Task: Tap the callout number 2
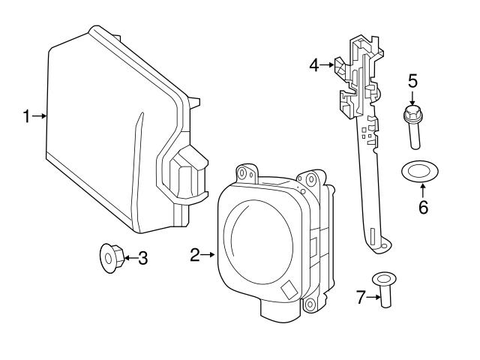(x=194, y=256)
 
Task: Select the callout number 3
(x=142, y=259)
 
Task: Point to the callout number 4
(x=314, y=65)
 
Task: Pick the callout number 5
(x=412, y=79)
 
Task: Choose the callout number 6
(x=423, y=208)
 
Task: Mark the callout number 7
(x=360, y=298)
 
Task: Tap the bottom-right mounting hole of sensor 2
(x=308, y=303)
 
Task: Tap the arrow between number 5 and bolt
(x=412, y=96)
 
